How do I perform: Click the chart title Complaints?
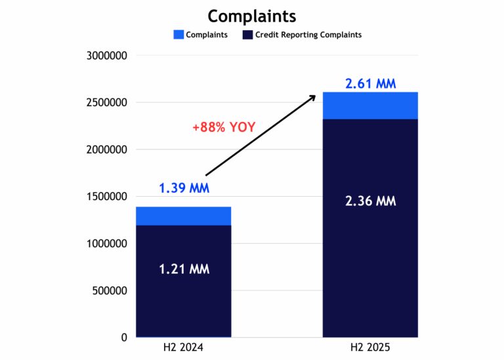coord(251,16)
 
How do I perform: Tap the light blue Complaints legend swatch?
coord(178,35)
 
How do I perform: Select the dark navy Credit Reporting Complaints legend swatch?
coord(247,35)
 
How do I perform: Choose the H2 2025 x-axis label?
coord(371,348)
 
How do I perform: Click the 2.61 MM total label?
coord(371,84)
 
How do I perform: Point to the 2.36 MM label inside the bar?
coord(371,201)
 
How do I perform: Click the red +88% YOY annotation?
coord(223,128)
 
